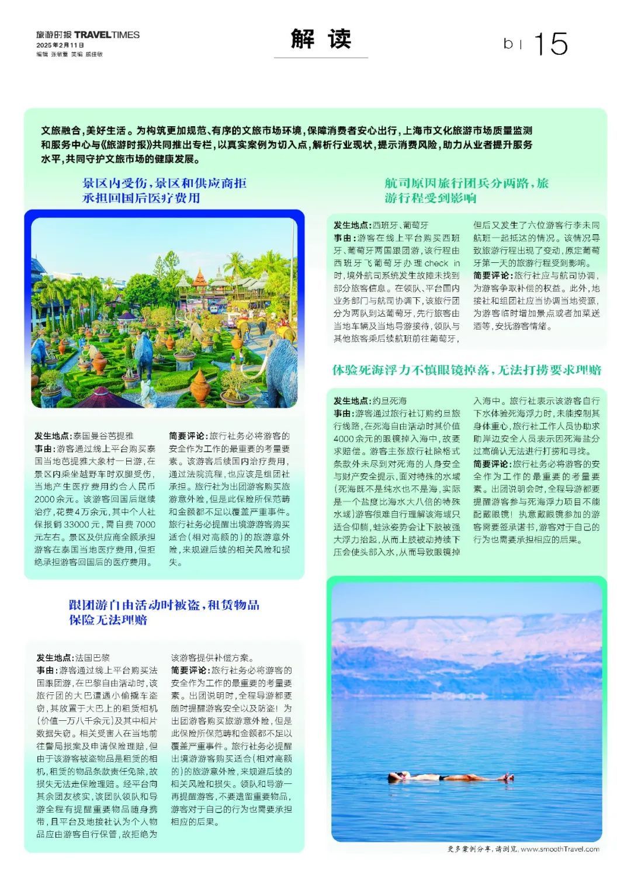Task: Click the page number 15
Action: click(x=550, y=44)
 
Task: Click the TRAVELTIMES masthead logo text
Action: click(x=107, y=34)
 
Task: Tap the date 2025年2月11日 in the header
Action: click(x=60, y=45)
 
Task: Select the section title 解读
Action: click(x=321, y=39)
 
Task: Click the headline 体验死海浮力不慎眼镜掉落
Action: click(x=466, y=370)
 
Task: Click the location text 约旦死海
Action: click(x=389, y=401)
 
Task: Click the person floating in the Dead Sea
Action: click(x=450, y=776)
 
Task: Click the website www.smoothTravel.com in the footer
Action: click(x=559, y=849)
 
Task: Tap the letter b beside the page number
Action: click(x=508, y=44)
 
